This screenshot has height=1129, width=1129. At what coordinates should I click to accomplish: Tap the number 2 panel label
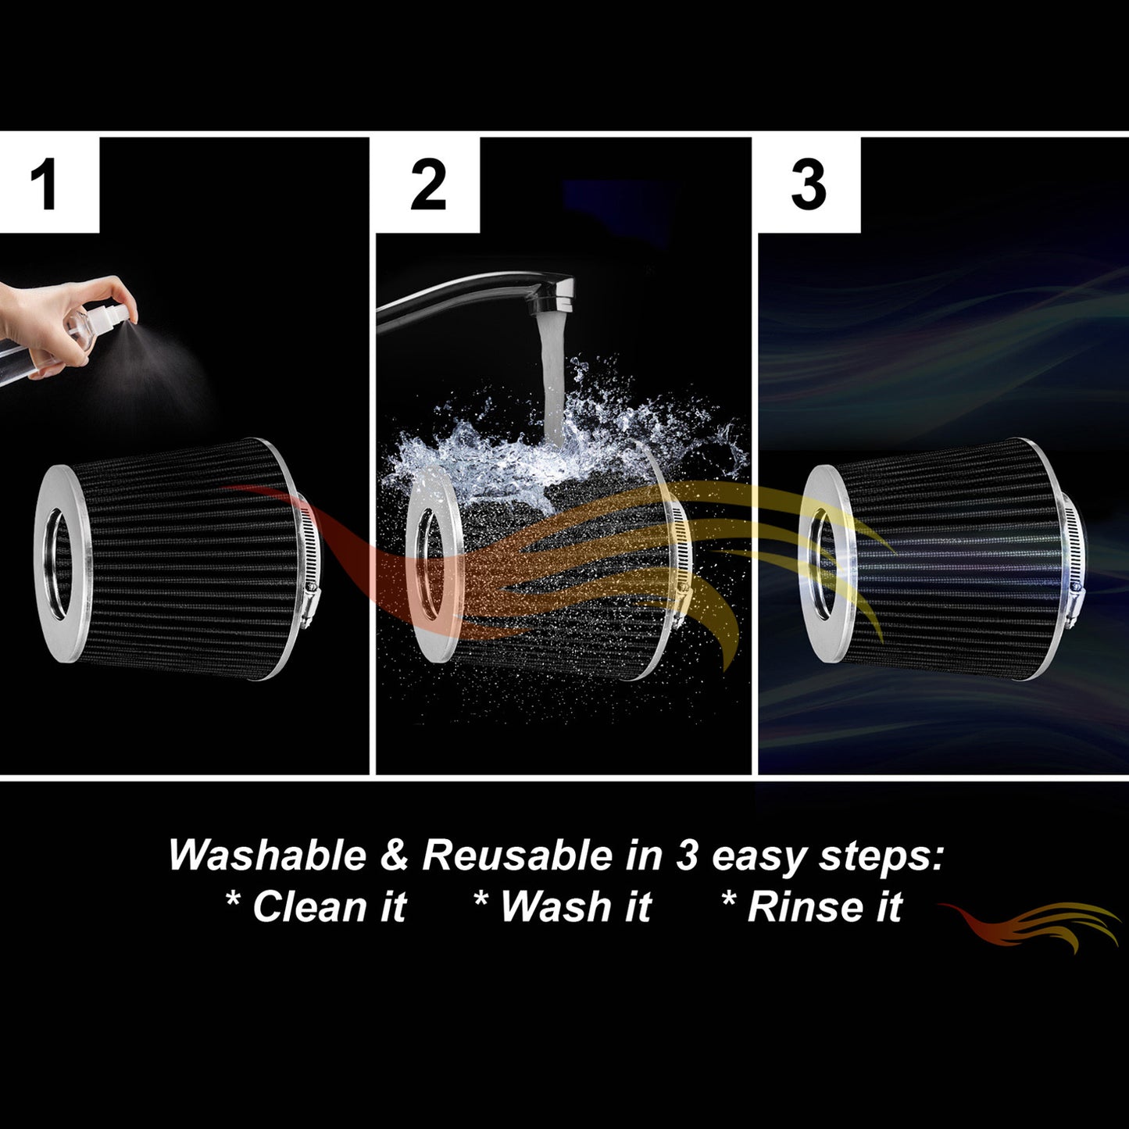(x=428, y=185)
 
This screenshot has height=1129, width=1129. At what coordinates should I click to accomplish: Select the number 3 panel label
(x=809, y=185)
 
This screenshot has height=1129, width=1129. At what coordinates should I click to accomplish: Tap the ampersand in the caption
(x=395, y=856)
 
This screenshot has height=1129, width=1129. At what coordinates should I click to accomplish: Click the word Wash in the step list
(x=555, y=906)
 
